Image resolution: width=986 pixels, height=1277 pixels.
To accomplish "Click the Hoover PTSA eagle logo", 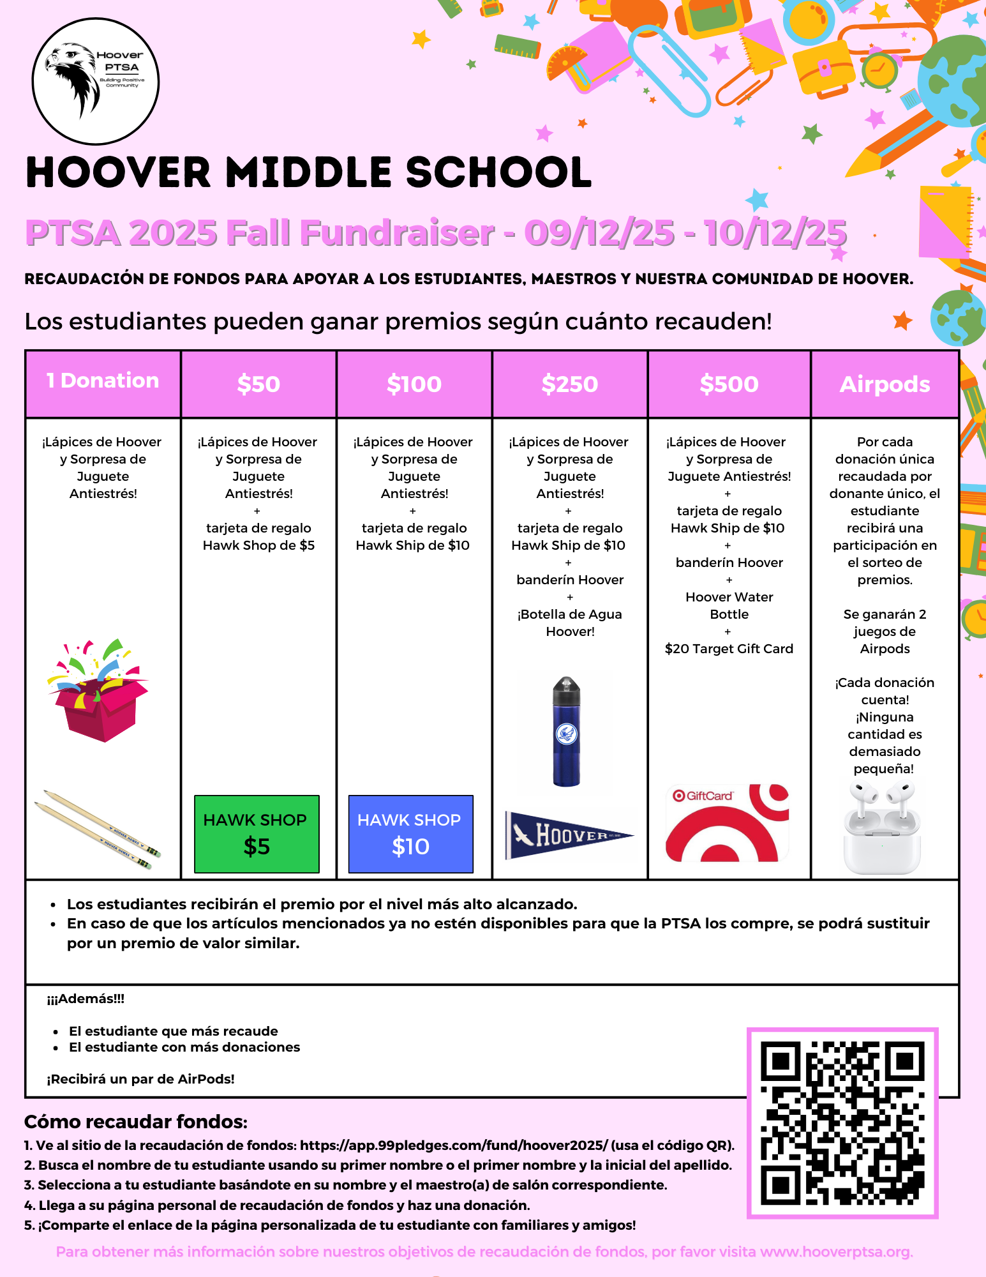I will click(96, 81).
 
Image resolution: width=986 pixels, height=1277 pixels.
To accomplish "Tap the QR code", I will click(842, 1123).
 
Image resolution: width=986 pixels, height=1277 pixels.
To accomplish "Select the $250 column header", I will click(570, 384).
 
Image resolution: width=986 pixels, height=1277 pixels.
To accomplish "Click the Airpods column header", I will click(885, 384).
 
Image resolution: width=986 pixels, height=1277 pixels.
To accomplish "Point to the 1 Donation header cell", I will click(103, 381).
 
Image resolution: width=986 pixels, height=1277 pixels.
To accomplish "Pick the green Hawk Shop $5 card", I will click(257, 834).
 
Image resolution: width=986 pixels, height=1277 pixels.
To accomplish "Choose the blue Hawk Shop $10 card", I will click(410, 834).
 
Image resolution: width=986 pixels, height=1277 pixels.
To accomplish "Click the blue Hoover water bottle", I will click(567, 732).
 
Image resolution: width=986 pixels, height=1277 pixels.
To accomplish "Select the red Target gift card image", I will click(728, 823).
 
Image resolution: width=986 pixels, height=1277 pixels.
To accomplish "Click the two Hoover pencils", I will click(97, 829).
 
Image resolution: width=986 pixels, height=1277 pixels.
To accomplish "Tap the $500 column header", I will click(729, 384).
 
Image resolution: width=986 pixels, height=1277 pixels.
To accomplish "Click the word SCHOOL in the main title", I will click(498, 173).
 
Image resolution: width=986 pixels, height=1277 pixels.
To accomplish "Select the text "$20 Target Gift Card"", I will click(729, 649).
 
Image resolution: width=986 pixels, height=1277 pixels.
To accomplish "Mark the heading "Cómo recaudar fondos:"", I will click(136, 1122).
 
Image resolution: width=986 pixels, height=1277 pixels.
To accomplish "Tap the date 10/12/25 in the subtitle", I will click(775, 232).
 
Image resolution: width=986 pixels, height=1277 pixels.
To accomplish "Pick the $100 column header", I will click(414, 384).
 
